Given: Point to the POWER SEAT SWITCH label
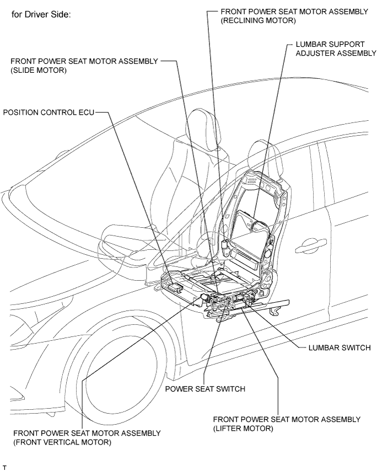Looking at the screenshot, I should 205,389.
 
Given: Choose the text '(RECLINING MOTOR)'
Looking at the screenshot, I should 259,20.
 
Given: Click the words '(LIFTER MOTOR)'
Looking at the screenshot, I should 243,429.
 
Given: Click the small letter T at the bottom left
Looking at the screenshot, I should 4,467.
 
